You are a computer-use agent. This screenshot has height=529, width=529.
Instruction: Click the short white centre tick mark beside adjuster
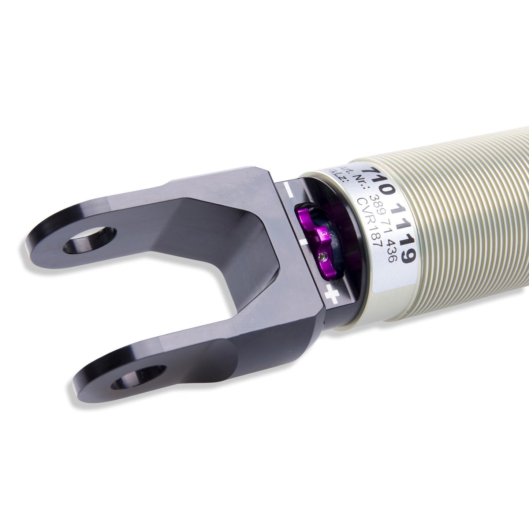[x=304, y=243]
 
